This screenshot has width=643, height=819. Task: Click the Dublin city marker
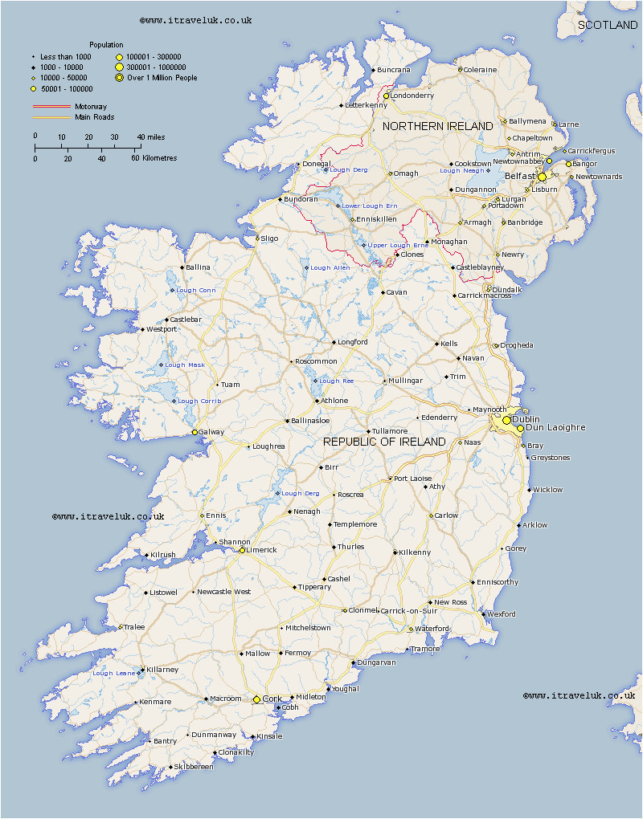click(x=506, y=420)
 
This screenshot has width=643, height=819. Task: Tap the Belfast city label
click(x=520, y=176)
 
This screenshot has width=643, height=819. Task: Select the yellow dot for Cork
click(x=256, y=699)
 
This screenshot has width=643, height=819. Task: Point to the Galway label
click(x=211, y=432)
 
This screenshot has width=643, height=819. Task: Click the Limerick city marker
click(x=242, y=550)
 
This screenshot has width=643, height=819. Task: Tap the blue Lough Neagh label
click(x=461, y=170)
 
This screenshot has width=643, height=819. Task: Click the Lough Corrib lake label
click(x=199, y=401)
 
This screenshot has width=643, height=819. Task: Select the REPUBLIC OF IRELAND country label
click(x=384, y=442)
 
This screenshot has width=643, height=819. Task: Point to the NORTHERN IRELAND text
click(x=437, y=127)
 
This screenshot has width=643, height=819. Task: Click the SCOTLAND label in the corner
click(x=608, y=26)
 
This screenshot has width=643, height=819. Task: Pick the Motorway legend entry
click(x=91, y=107)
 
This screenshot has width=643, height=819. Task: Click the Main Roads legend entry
click(x=94, y=117)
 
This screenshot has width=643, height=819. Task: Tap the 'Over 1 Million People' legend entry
click(x=161, y=78)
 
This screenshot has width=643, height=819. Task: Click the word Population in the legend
click(x=106, y=45)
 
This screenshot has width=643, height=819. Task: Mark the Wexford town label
click(x=502, y=614)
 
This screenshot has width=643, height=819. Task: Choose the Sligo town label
click(x=269, y=238)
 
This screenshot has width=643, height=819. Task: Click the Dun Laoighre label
click(x=555, y=428)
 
